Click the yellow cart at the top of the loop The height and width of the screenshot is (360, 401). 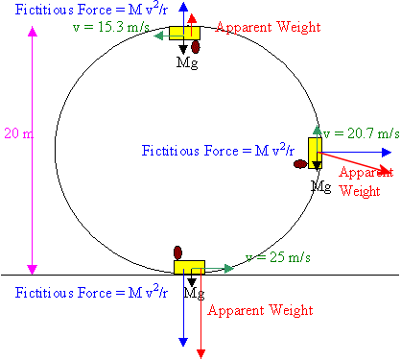point(184,33)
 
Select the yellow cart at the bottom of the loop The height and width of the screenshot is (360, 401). point(189,268)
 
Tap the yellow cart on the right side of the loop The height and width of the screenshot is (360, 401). point(315,153)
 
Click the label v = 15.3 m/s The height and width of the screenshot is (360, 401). point(111,27)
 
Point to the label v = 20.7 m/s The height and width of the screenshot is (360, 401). point(362,133)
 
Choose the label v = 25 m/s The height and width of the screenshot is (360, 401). point(278,257)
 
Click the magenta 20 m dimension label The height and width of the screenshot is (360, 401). point(18,133)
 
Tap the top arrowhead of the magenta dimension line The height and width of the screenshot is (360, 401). point(33,32)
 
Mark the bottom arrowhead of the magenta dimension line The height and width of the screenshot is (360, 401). point(33,270)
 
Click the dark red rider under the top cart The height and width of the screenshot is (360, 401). point(196,47)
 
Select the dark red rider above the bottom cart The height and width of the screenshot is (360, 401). point(177,252)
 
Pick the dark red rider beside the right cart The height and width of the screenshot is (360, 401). point(300,164)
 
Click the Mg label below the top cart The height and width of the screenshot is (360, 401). point(187,62)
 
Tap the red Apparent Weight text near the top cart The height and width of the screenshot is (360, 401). point(268,27)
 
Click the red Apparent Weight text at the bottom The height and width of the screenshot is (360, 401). point(260,310)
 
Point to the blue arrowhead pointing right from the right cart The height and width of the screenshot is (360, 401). point(387,153)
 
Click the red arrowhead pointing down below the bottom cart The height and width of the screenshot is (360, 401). point(200,354)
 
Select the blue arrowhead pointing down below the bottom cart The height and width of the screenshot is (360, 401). point(183,342)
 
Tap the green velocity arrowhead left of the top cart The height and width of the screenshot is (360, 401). point(158,36)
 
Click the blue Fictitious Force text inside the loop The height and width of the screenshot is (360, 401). point(218,151)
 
